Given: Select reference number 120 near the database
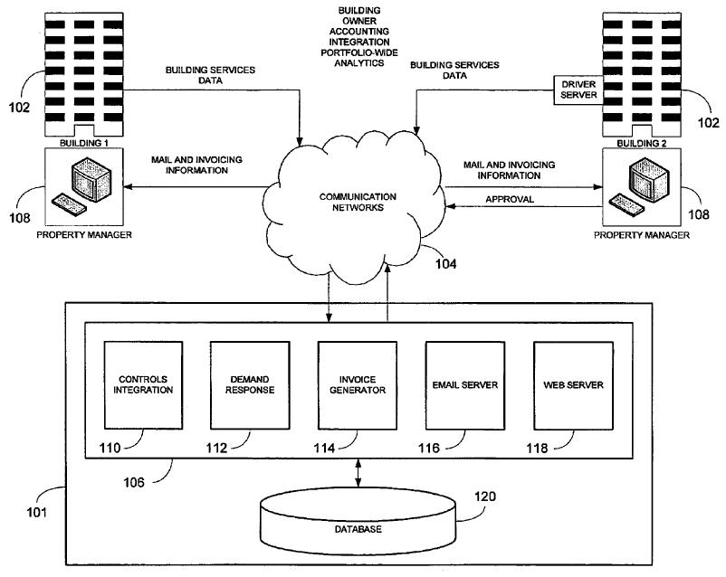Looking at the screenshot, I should pyautogui.click(x=486, y=496).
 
